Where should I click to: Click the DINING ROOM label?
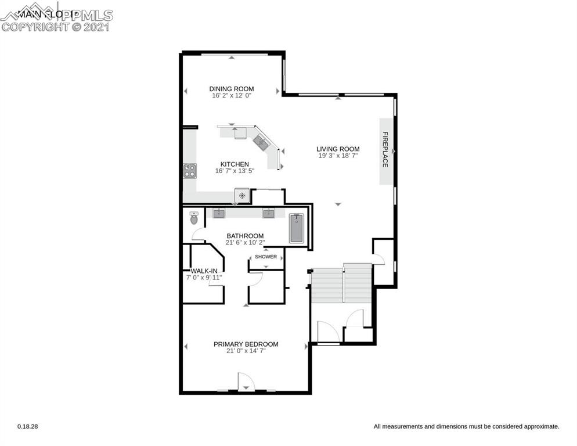pos(232,89)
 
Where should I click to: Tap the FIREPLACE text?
pos(385,150)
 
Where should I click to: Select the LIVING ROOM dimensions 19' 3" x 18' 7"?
pos(338,156)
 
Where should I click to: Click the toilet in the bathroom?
pos(194,219)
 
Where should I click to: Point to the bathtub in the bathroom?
pos(296,229)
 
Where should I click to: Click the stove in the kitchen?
pos(190,170)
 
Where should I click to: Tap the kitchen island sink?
pos(260,140)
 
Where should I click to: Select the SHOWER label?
pos(266,257)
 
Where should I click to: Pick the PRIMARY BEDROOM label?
pos(246,344)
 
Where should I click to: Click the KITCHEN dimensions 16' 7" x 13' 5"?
pos(235,171)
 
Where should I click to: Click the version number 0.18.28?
pos(28,426)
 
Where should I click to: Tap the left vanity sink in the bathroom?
pos(219,213)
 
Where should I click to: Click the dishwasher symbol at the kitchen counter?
pos(241,195)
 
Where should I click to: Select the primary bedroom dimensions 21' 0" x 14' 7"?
pos(246,351)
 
